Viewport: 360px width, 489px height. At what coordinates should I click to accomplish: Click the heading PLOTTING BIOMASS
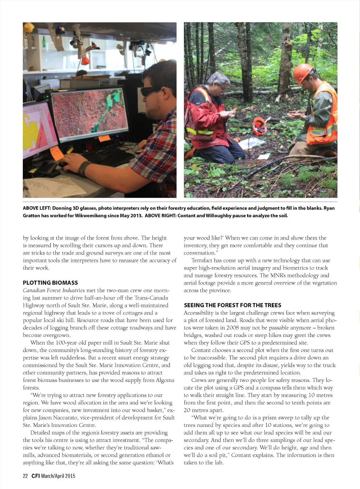click(x=50, y=283)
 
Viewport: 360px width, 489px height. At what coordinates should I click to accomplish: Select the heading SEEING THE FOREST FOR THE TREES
click(x=232, y=305)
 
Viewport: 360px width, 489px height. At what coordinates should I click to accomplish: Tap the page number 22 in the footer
click(x=25, y=476)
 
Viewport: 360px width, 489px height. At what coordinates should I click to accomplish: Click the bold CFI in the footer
click(x=36, y=476)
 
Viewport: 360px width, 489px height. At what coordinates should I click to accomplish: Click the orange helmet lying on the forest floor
click(x=260, y=125)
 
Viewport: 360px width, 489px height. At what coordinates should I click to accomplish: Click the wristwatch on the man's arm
click(x=83, y=168)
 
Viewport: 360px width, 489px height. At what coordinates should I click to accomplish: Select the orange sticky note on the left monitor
click(x=56, y=153)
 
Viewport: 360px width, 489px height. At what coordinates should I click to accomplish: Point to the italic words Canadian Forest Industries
click(x=54, y=291)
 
